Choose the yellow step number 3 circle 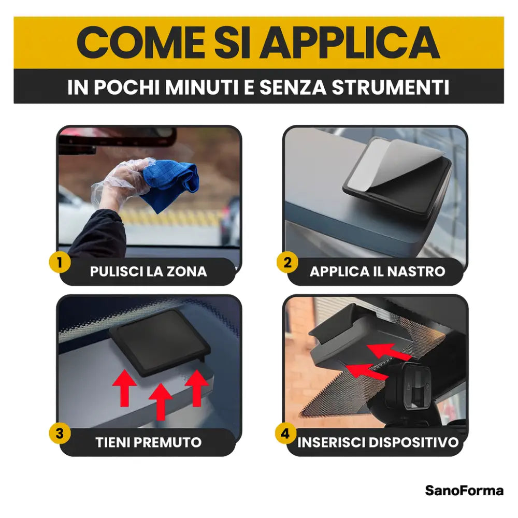point(60,433)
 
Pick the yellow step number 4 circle point(285,433)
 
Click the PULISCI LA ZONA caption point(148,271)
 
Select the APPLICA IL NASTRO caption point(377,271)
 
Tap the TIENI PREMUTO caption point(148,442)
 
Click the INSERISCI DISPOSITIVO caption point(378,442)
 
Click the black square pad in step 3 point(159,342)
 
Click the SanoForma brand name point(464,490)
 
